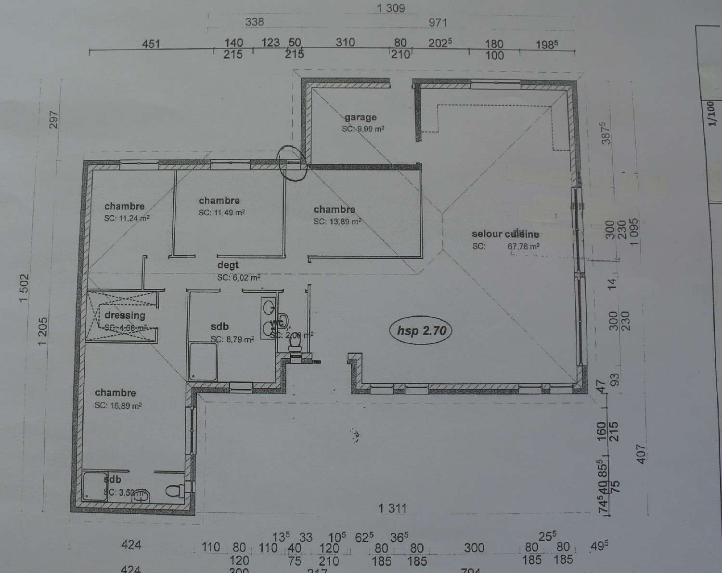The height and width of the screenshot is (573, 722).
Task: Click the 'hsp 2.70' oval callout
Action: pyautogui.click(x=422, y=331)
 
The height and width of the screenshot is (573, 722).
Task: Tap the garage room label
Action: pyautogui.click(x=361, y=117)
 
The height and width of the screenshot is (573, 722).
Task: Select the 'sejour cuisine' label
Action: pyautogui.click(x=505, y=234)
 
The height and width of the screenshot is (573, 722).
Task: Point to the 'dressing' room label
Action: pyautogui.click(x=125, y=315)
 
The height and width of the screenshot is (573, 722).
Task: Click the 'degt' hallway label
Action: pyautogui.click(x=228, y=265)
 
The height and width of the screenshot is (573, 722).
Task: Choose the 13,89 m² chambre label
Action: pyautogui.click(x=335, y=209)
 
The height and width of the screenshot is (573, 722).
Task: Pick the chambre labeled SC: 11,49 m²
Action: pyautogui.click(x=219, y=201)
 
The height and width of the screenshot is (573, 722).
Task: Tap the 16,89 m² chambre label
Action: pyautogui.click(x=116, y=393)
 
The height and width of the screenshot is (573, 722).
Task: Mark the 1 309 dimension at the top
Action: pyautogui.click(x=391, y=8)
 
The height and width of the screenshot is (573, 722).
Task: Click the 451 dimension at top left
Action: pyautogui.click(x=151, y=44)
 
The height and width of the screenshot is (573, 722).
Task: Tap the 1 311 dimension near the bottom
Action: pyautogui.click(x=393, y=508)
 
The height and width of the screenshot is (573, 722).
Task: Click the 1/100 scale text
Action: pyautogui.click(x=710, y=113)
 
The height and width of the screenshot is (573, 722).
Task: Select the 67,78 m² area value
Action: pyautogui.click(x=523, y=247)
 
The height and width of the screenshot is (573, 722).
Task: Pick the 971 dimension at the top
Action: pyautogui.click(x=438, y=22)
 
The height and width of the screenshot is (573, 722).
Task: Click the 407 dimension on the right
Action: pyautogui.click(x=642, y=454)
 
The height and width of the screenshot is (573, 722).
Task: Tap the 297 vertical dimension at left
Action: pyautogui.click(x=53, y=120)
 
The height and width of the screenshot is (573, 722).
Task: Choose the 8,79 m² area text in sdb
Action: pyautogui.click(x=232, y=339)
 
